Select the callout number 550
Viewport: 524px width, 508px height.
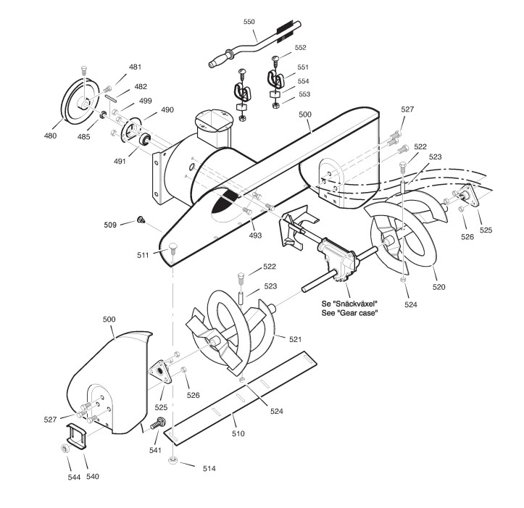[x=249, y=22]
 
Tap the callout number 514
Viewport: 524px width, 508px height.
[x=209, y=468]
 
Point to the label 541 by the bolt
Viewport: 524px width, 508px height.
[x=155, y=450]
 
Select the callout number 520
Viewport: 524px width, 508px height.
[x=438, y=288]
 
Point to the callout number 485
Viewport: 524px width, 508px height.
[x=83, y=136]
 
